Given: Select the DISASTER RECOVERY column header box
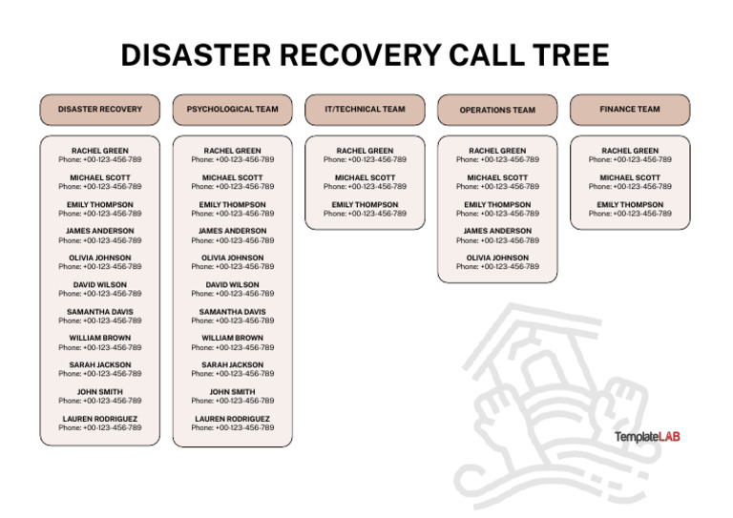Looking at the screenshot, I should [x=99, y=110].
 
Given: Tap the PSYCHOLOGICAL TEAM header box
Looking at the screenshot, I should [x=232, y=110].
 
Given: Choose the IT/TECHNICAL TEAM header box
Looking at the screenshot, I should [x=365, y=110].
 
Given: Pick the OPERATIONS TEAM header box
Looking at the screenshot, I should [x=497, y=110].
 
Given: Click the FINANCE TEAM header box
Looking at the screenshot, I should [x=630, y=110].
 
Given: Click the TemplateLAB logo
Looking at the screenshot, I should [x=647, y=437].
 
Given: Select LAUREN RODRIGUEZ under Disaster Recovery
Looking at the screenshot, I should [x=99, y=419].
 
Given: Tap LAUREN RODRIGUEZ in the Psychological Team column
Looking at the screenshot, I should [x=232, y=419].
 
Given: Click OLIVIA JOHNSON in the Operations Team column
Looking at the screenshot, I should [x=497, y=258].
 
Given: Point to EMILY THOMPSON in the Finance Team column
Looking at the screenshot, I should [x=630, y=204].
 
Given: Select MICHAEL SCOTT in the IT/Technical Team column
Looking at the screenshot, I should [x=365, y=177].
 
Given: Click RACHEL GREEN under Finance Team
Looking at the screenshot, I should [x=630, y=151].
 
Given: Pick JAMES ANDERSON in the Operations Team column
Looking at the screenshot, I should [x=497, y=231].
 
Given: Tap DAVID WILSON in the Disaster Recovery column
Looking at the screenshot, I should [x=99, y=284].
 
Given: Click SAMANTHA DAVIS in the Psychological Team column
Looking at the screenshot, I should [x=232, y=312].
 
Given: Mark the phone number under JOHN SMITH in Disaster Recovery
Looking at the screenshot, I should [x=99, y=402].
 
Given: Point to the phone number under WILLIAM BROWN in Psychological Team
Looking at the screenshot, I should [x=232, y=348].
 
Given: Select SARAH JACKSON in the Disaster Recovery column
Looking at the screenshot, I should [x=99, y=365].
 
